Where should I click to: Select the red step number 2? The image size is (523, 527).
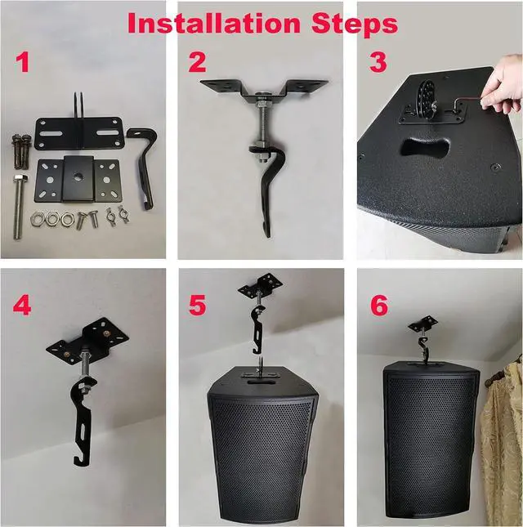pos(197,62)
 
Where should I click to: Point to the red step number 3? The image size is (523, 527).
pos(376,62)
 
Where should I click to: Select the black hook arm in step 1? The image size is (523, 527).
pos(146,167)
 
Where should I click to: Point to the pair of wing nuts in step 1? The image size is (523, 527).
pos(117,217)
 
